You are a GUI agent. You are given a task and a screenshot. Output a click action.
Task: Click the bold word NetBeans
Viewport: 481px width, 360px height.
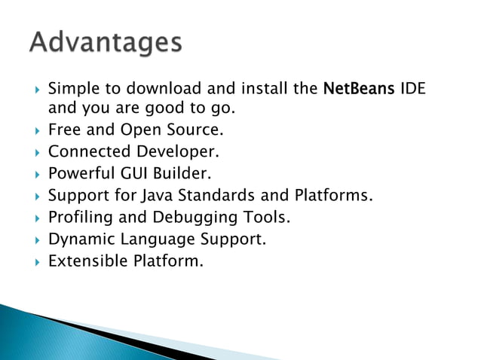click(356, 89)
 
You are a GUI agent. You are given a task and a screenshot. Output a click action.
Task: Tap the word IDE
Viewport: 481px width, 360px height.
click(412, 89)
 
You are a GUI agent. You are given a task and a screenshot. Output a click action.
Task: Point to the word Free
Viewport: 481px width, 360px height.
click(64, 130)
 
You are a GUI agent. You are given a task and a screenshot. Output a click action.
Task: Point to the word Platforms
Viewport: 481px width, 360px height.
click(332, 197)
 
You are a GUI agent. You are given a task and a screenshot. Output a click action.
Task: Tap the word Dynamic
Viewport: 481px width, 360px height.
click(79, 240)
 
